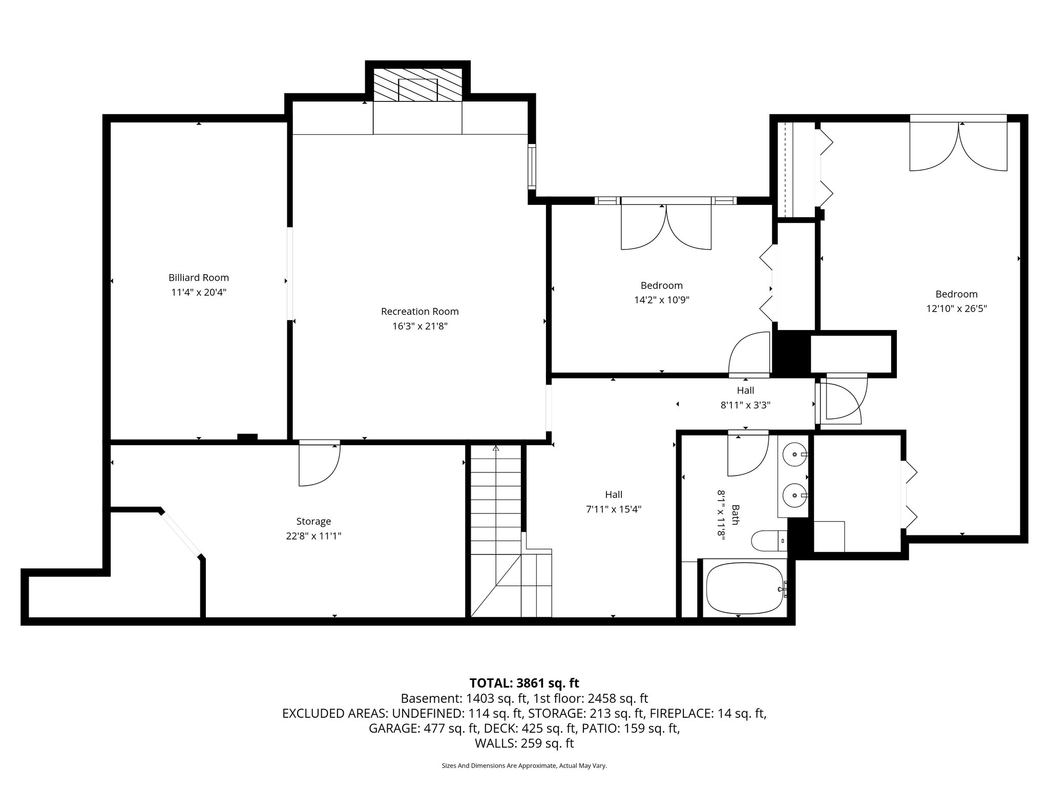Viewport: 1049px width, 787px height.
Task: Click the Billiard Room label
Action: point(199,278)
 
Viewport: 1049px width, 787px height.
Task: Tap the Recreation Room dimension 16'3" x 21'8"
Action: point(420,326)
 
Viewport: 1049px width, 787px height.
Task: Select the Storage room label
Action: point(313,521)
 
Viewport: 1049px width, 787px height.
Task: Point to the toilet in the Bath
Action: point(766,540)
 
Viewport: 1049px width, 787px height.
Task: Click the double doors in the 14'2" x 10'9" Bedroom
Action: point(666,228)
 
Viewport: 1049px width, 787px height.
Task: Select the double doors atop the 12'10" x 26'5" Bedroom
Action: point(958,146)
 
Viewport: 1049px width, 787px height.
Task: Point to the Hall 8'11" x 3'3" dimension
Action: point(745,405)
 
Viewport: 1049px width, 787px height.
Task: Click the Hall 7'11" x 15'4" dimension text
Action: point(614,509)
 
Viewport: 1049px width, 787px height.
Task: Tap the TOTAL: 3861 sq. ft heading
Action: point(524,683)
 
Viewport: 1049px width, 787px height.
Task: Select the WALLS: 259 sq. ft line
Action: point(524,743)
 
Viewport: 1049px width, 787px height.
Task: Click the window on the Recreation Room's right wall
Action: point(532,167)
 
